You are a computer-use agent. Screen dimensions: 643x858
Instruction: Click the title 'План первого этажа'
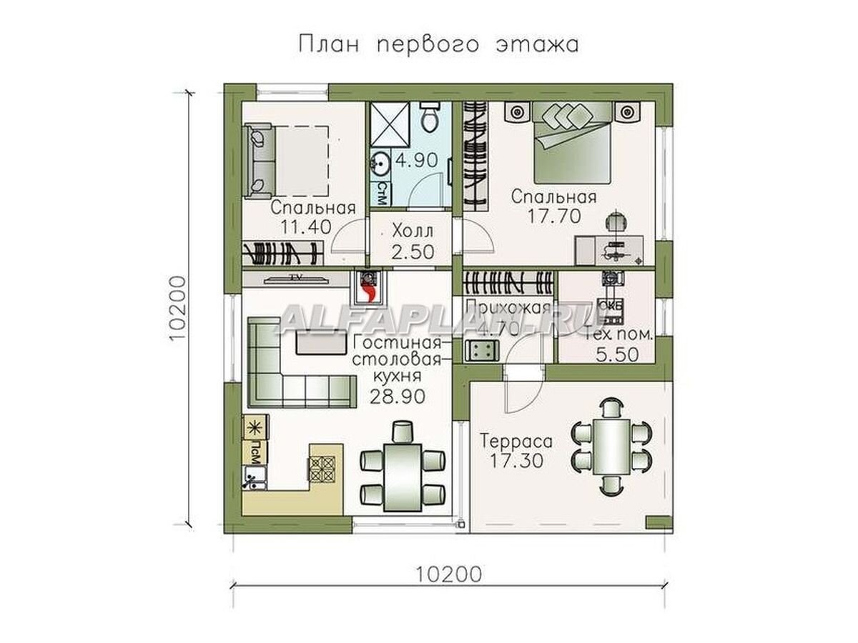[438, 44]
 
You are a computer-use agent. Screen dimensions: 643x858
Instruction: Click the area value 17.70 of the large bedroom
[553, 216]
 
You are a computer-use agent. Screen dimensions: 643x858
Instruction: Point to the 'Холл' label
[413, 233]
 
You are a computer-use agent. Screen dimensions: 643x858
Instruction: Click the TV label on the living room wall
[293, 276]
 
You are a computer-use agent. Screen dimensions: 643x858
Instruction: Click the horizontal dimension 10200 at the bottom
[448, 574]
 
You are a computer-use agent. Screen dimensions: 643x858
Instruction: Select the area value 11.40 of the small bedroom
[301, 227]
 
